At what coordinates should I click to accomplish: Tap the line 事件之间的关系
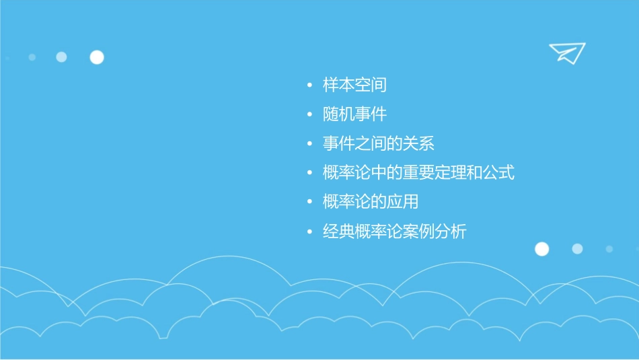[x=378, y=143]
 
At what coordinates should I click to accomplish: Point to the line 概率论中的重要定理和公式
[x=418, y=173]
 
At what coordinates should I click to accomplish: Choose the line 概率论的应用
[x=371, y=202]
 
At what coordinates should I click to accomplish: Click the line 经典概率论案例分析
[x=394, y=231]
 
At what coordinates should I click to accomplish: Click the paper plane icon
[x=567, y=52]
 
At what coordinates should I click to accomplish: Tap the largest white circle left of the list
[x=97, y=57]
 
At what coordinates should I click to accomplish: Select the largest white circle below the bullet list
[x=541, y=249]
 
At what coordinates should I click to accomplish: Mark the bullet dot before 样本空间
[x=309, y=85]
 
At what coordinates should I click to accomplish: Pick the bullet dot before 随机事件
[x=309, y=115]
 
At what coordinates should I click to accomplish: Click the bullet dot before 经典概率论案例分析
[x=309, y=232]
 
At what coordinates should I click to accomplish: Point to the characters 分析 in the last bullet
[x=451, y=231]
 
